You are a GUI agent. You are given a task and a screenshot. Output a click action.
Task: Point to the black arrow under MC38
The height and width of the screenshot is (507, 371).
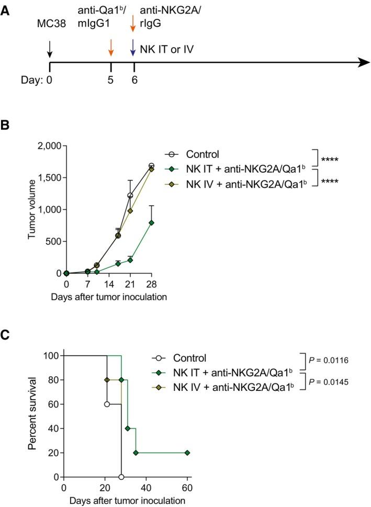pyautogui.click(x=49, y=48)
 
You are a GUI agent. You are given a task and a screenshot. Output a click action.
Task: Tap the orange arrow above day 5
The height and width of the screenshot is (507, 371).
pyautogui.click(x=110, y=48)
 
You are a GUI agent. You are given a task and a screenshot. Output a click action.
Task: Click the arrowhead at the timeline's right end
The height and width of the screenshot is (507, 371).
pyautogui.click(x=361, y=62)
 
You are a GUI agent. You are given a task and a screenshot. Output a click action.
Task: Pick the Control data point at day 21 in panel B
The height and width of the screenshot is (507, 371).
pyautogui.click(x=130, y=196)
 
